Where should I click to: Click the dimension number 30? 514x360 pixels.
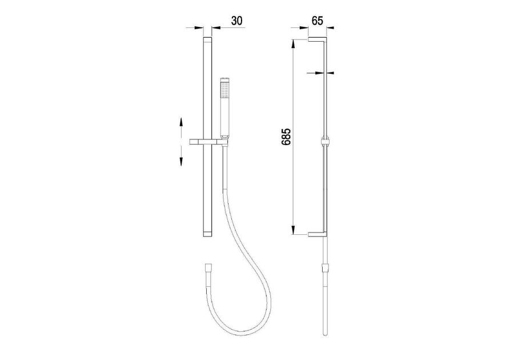236,21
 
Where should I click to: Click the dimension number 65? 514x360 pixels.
318,21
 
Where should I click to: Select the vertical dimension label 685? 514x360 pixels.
286,137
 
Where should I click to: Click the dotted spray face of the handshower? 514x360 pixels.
225,90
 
